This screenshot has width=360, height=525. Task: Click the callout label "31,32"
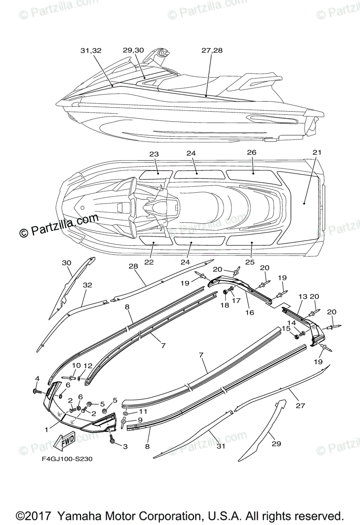(91, 51)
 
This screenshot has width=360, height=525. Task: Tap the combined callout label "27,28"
(212, 51)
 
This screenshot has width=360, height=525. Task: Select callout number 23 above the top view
(154, 154)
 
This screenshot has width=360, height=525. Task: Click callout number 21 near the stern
(317, 153)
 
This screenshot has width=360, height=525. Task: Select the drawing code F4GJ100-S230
(64, 459)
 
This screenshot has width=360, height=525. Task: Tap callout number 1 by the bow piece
(46, 430)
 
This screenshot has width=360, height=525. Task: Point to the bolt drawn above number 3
(112, 437)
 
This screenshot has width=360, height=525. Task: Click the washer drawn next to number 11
(126, 413)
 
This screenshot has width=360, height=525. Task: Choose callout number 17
(236, 301)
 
